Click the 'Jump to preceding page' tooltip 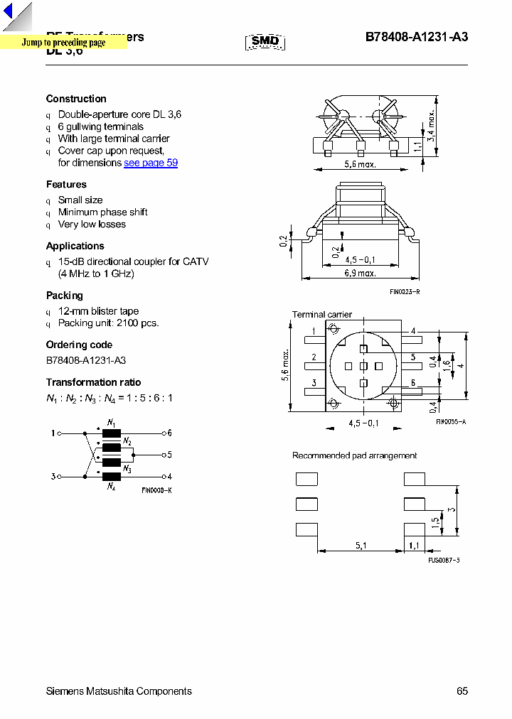(63, 43)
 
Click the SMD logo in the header (265, 41)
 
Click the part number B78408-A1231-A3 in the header (416, 38)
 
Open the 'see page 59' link (151, 163)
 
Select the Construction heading (76, 99)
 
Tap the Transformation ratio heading (93, 382)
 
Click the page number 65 (462, 691)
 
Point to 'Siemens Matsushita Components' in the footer (119, 691)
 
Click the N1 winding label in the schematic (112, 423)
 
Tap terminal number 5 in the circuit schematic (170, 455)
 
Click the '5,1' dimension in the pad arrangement (361, 546)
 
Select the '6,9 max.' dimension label (361, 273)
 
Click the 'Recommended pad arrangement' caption (354, 455)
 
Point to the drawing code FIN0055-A (450, 422)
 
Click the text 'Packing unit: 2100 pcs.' (108, 323)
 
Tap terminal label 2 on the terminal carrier (314, 357)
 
